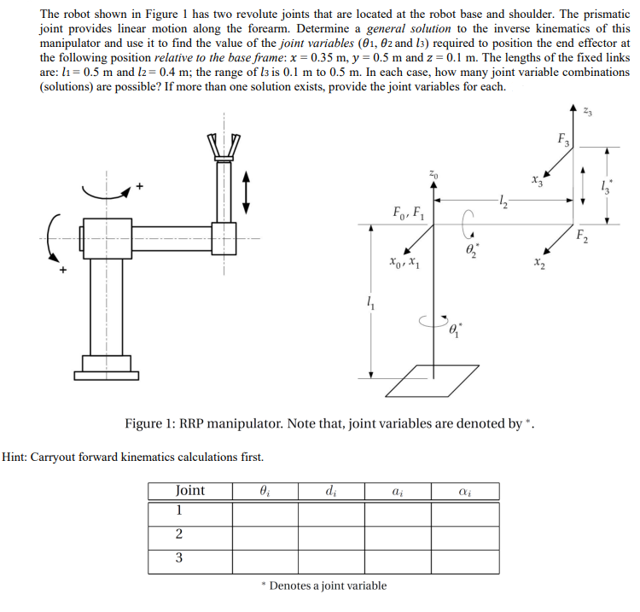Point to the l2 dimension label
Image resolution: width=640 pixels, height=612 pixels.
point(503,201)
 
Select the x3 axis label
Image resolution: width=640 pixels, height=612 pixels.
point(535,179)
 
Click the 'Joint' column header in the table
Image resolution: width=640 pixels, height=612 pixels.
point(189,491)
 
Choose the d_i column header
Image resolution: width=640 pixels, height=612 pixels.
point(329,491)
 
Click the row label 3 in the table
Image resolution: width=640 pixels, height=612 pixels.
point(178,558)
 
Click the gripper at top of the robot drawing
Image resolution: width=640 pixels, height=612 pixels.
point(226,148)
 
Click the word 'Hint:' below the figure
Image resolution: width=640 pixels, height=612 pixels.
point(20,458)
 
